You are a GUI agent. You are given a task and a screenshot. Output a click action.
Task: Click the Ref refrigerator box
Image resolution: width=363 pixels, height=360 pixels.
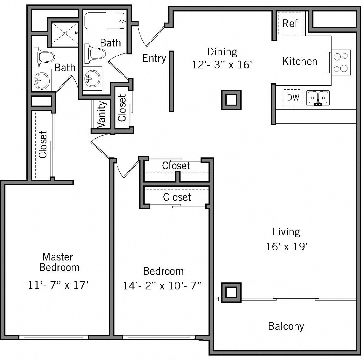click(290, 23)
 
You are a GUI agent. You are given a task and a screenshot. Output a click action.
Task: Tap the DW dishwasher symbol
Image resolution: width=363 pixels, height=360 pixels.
click(293, 97)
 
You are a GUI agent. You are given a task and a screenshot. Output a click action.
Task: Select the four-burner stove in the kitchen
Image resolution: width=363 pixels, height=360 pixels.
click(341, 62)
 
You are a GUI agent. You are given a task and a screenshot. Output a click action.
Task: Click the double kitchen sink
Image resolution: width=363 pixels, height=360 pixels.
click(318, 98)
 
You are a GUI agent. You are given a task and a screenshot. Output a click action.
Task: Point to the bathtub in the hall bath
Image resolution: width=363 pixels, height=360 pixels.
click(105, 21)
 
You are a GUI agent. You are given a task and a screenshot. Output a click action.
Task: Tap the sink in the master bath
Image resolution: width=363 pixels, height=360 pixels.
click(42, 80)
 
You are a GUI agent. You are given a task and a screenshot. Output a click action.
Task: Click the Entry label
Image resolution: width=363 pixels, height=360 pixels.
click(154, 58)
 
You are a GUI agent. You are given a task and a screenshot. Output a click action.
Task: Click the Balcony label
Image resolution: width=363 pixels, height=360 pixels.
click(286, 326)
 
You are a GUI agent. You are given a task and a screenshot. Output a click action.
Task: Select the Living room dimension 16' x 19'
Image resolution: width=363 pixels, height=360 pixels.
click(286, 246)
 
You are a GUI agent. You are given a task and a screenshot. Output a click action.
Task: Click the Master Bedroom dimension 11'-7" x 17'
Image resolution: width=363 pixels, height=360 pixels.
click(58, 285)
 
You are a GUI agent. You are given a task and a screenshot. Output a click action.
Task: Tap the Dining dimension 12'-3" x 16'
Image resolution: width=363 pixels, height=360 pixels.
click(222, 65)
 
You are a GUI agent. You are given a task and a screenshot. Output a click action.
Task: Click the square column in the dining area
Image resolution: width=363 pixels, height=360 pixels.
click(231, 100)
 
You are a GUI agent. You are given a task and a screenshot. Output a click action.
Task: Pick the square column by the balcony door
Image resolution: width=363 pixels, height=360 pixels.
click(231, 292)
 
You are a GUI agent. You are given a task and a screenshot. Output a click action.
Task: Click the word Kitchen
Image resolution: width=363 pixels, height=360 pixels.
click(300, 61)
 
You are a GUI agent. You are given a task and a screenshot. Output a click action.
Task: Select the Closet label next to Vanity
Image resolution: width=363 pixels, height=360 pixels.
click(122, 108)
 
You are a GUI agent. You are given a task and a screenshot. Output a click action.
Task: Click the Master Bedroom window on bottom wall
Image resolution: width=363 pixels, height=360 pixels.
click(53, 337)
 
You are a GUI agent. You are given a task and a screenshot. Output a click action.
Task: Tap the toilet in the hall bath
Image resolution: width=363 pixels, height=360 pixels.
click(95, 53)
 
